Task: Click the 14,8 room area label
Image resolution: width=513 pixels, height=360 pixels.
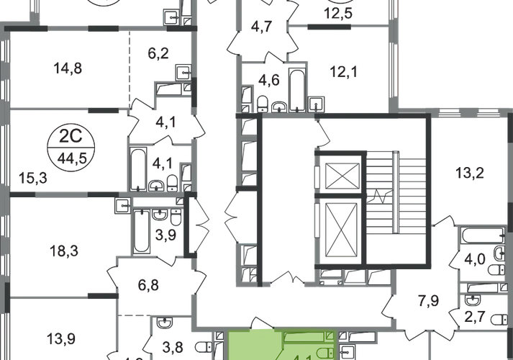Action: point(70,69)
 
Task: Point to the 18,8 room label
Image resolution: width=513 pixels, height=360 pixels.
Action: point(62,251)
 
